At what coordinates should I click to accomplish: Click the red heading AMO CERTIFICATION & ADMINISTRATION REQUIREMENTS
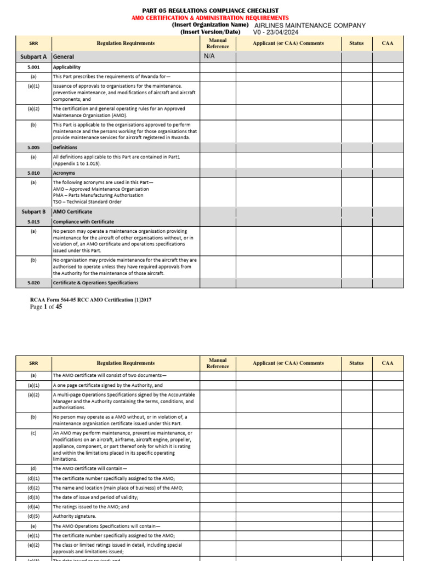pos(210,18)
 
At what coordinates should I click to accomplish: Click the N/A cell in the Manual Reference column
pos(209,56)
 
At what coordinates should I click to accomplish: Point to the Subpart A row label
pos(33,56)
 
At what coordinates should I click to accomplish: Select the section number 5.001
pos(33,67)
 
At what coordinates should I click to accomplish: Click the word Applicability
pos(66,67)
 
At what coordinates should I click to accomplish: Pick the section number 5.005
pos(33,147)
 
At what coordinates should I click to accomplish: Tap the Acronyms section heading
pos(64,173)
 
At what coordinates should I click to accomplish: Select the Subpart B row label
pos(33,211)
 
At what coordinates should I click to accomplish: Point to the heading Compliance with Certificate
pos(83,222)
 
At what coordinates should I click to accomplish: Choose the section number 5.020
pos(33,283)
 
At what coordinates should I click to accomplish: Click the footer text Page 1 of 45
pos(45,307)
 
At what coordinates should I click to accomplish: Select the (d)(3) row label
pos(33,497)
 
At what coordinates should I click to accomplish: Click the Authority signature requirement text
pos(74,516)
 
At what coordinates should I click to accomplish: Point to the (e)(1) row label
pos(33,535)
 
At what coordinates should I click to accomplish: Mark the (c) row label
pos(33,433)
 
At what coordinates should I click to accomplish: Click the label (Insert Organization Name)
pos(206,25)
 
